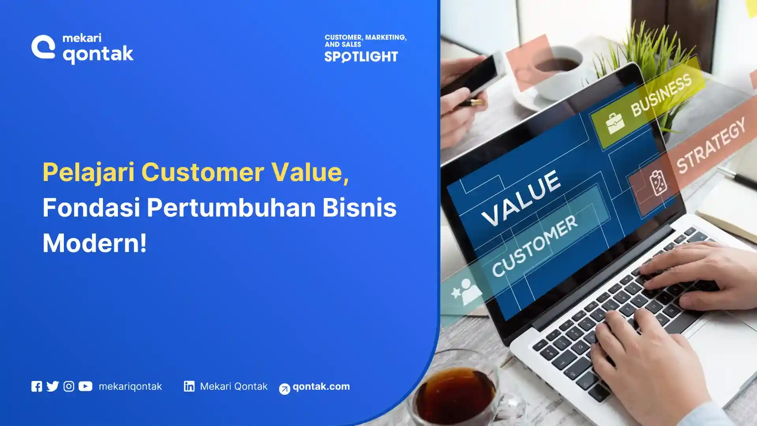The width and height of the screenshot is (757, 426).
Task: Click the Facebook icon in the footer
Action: pyautogui.click(x=37, y=386)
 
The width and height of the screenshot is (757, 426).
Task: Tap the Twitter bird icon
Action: pyautogui.click(x=52, y=386)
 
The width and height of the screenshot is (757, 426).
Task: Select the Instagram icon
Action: pyautogui.click(x=69, y=386)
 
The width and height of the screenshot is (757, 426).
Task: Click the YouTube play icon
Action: pyautogui.click(x=85, y=386)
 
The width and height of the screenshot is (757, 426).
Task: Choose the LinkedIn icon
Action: pyautogui.click(x=189, y=386)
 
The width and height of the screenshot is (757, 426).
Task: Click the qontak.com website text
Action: pyautogui.click(x=321, y=387)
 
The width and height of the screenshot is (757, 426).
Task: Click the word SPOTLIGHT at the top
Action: pyautogui.click(x=361, y=57)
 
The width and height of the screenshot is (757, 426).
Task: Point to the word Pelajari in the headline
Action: pyautogui.click(x=88, y=172)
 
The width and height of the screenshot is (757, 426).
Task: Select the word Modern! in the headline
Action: pyautogui.click(x=95, y=243)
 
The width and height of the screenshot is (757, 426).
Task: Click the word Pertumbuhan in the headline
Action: pyautogui.click(x=231, y=208)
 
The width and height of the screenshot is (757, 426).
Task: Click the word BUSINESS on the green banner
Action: pyautogui.click(x=661, y=96)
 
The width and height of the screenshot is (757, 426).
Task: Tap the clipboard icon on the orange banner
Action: pyautogui.click(x=658, y=183)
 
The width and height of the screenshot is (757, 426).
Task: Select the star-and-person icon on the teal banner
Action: pyautogui.click(x=466, y=292)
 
